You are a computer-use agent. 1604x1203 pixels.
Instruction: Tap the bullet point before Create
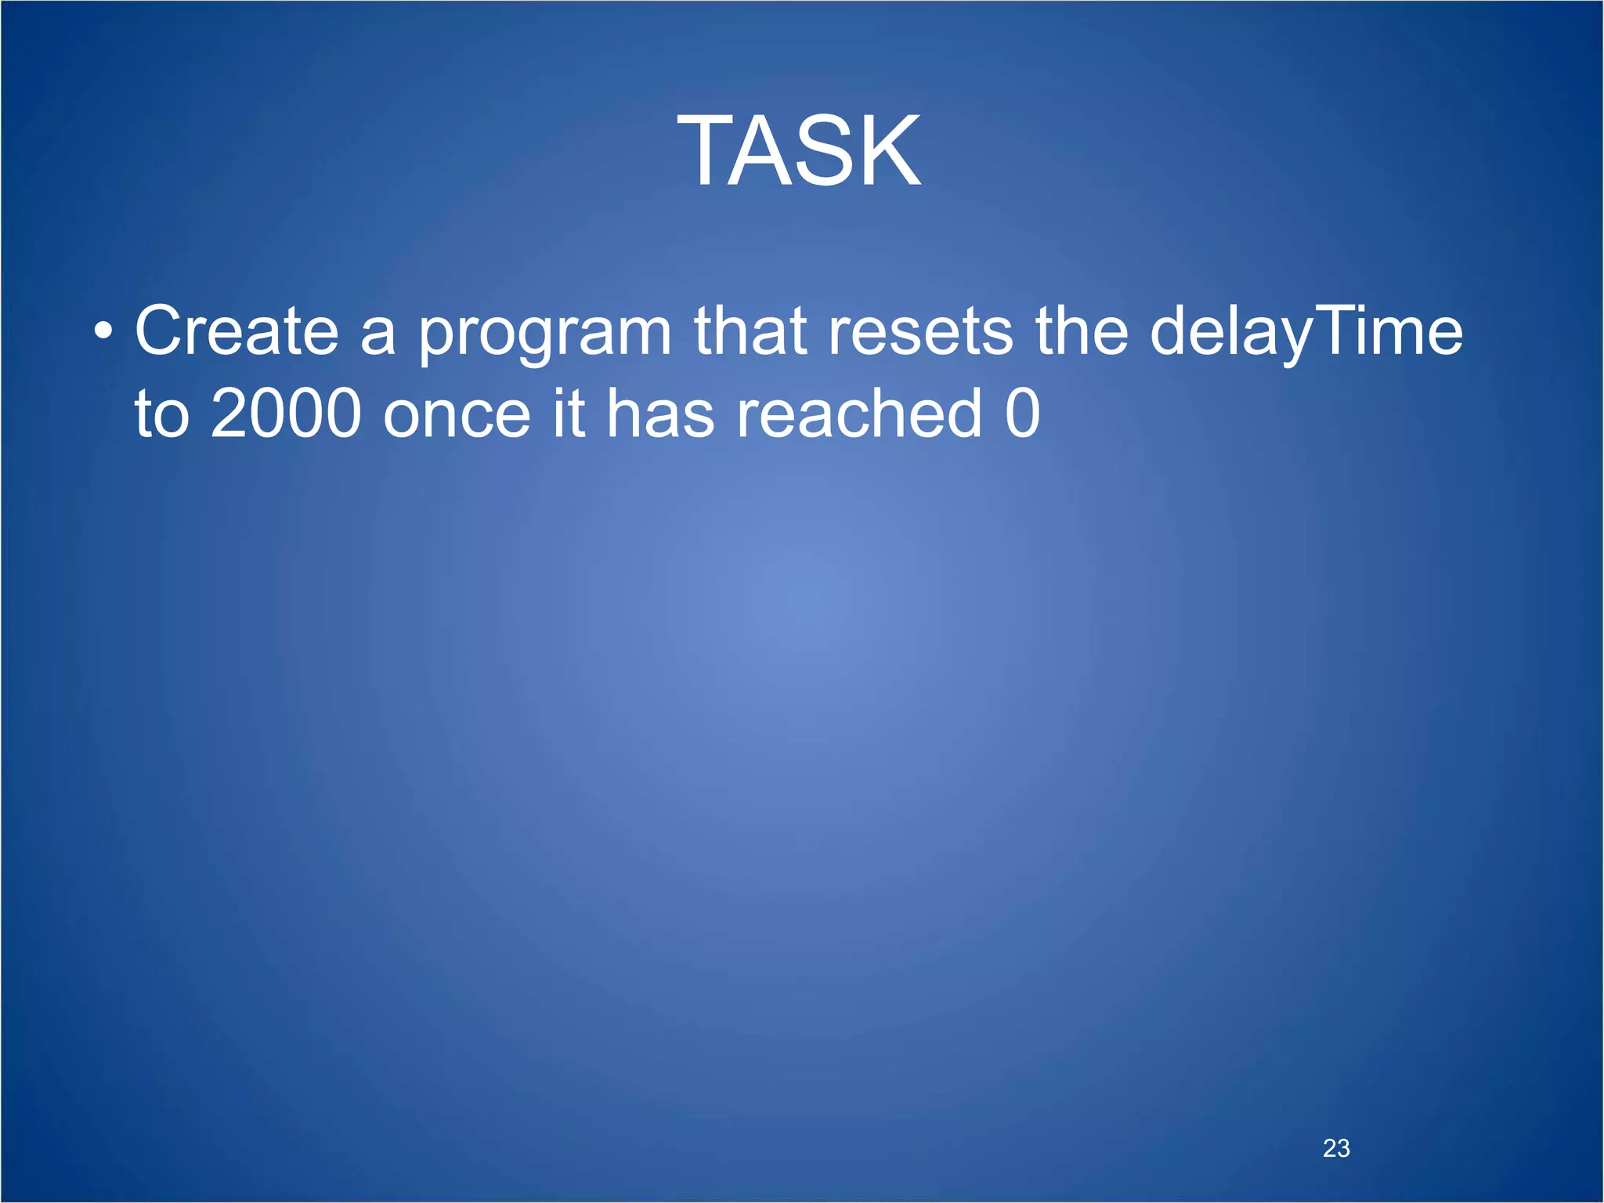tap(103, 333)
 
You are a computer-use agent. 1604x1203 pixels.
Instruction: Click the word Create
tap(237, 331)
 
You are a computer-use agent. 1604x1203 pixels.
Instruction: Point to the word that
tap(750, 331)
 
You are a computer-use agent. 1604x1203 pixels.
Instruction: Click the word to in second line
tap(162, 414)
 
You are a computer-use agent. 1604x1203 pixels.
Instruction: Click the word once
tap(457, 415)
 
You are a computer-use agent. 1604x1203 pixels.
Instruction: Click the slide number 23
tap(1336, 1148)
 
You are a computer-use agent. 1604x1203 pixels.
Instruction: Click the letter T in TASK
tap(709, 150)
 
